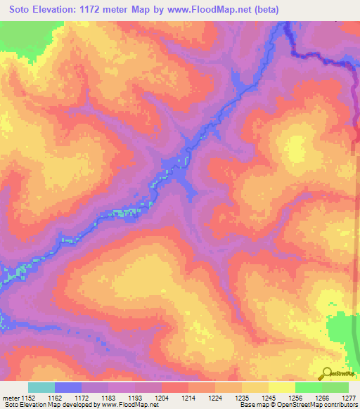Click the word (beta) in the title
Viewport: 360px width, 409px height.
(266, 10)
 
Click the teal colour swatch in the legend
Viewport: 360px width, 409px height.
(41, 387)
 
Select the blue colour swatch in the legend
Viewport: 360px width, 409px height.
(67, 387)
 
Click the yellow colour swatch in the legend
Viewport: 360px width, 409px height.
(281, 387)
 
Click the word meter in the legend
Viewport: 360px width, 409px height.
(11, 397)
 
